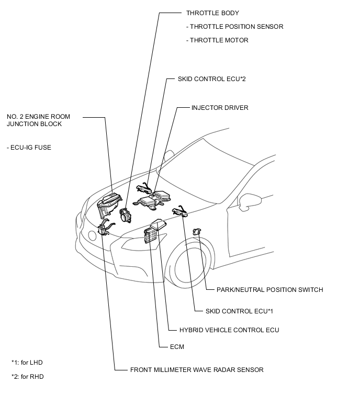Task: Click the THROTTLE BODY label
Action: (x=208, y=13)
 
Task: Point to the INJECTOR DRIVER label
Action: (x=220, y=108)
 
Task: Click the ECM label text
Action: (x=177, y=347)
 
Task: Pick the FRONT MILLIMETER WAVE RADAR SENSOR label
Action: (x=197, y=370)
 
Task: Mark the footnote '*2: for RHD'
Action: (x=30, y=376)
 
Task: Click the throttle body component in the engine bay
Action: (x=126, y=215)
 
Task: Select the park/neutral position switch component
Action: (x=197, y=231)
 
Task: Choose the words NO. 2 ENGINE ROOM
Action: (x=38, y=116)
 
